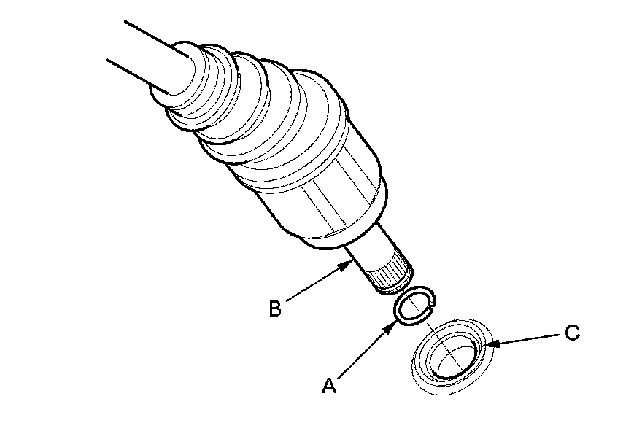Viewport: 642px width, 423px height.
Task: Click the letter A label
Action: coord(329,385)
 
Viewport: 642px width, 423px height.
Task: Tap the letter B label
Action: coord(274,309)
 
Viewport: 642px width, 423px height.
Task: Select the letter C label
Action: coord(573,334)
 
